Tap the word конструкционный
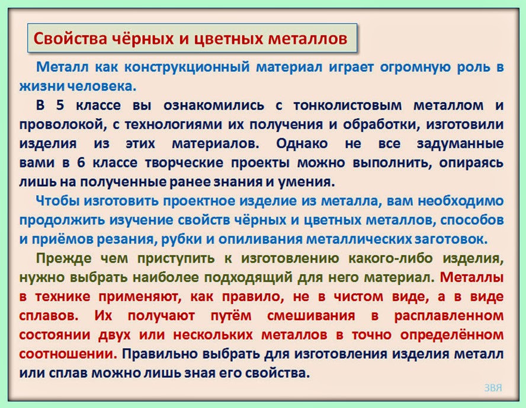pos(188,67)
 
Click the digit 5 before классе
pos(58,106)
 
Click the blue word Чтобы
pos(57,201)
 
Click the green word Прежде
pos(60,259)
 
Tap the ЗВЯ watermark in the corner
pos(492,388)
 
